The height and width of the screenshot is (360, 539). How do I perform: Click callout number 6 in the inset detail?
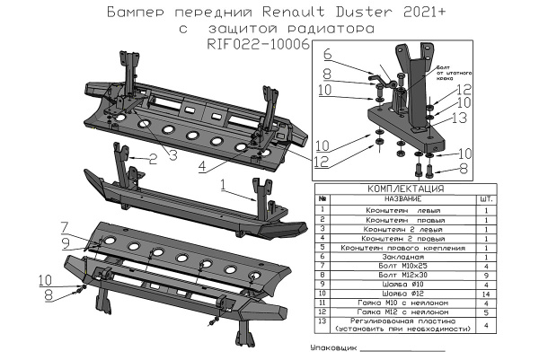[x=327, y=56]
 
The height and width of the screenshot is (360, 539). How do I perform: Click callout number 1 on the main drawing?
[x=222, y=185]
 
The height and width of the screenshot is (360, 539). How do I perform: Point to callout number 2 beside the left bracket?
[x=153, y=159]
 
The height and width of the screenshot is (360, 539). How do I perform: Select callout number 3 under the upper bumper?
[x=172, y=155]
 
